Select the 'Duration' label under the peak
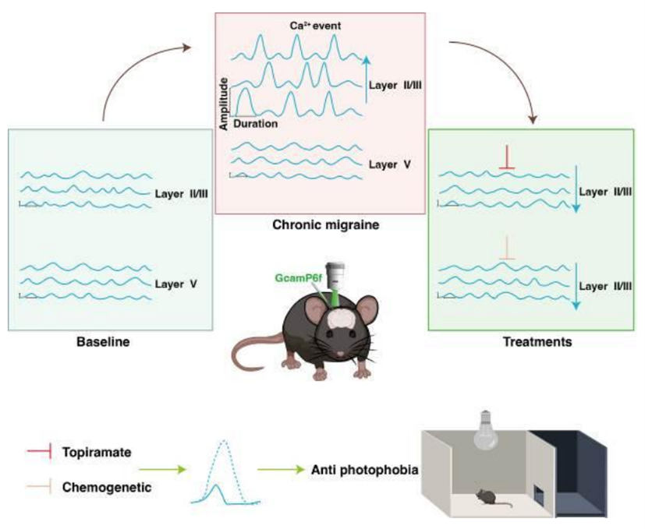tap(252, 122)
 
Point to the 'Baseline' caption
tap(102, 341)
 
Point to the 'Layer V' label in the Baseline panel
tap(175, 284)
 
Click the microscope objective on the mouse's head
tap(336, 274)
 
